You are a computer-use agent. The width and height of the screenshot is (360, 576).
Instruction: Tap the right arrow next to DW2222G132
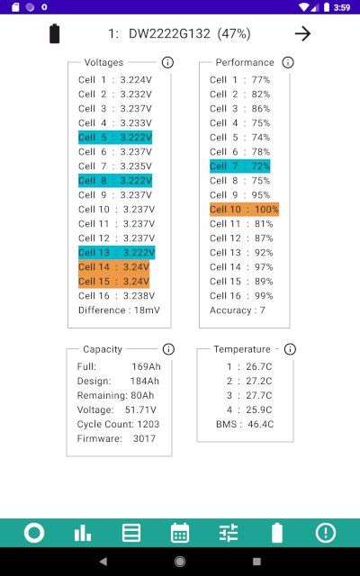pyautogui.click(x=302, y=34)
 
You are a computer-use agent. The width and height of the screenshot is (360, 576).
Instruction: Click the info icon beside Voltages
pyautogui.click(x=167, y=62)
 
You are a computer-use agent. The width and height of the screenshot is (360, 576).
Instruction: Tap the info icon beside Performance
pyautogui.click(x=288, y=62)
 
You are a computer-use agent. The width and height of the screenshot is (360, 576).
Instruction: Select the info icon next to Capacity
pyautogui.click(x=168, y=349)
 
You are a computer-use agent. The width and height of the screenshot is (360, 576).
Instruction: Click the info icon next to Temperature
pyautogui.click(x=290, y=349)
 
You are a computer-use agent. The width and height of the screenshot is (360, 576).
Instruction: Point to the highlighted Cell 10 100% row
pyautogui.click(x=244, y=210)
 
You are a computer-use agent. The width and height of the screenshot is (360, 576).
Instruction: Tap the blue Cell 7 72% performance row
pyautogui.click(x=240, y=166)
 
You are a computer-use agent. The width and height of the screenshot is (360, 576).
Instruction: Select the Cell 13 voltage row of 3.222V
pyautogui.click(x=117, y=253)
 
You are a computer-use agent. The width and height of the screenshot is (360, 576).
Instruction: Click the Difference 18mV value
pyautogui.click(x=147, y=310)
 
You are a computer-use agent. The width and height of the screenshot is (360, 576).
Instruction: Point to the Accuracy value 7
pyautogui.click(x=262, y=310)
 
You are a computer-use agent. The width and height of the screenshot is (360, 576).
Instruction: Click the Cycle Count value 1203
pyautogui.click(x=148, y=424)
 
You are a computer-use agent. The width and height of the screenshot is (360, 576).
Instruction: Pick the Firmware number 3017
pyautogui.click(x=144, y=438)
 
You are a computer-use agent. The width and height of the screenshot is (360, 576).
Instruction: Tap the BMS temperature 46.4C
pyautogui.click(x=260, y=424)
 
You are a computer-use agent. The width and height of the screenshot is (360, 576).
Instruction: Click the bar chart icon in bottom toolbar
pyautogui.click(x=83, y=533)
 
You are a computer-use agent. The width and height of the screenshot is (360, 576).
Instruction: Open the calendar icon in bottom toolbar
pyautogui.click(x=180, y=533)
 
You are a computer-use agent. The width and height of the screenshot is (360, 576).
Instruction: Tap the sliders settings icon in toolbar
pyautogui.click(x=229, y=533)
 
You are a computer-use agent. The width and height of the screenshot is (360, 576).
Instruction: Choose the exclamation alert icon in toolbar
pyautogui.click(x=326, y=533)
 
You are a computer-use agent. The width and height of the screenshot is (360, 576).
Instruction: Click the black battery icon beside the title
pyautogui.click(x=54, y=34)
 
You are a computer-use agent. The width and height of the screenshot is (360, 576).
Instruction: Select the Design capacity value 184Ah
pyautogui.click(x=145, y=381)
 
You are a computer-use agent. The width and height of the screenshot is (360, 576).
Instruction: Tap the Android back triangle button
pyautogui.click(x=103, y=562)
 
